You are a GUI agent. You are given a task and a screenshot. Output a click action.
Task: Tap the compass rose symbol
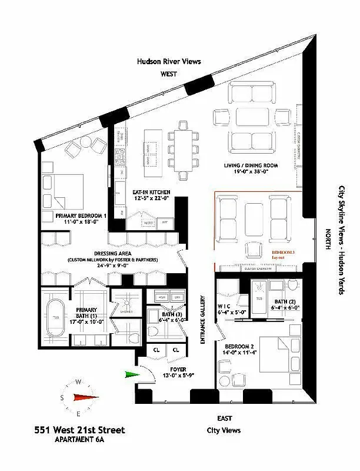point(78,397)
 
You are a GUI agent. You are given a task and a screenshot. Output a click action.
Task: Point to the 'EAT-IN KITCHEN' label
point(151,193)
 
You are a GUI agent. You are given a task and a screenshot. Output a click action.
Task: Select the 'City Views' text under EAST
point(225,430)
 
